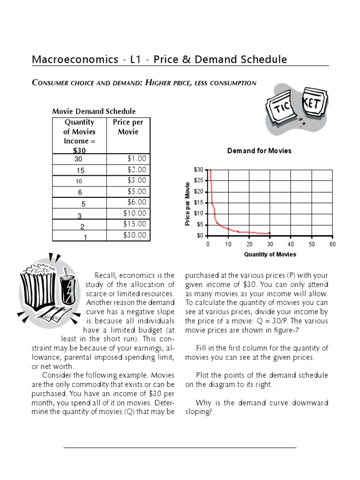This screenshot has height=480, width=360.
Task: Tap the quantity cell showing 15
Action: [x=80, y=171]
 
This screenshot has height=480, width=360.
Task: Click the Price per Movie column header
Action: [x=128, y=127]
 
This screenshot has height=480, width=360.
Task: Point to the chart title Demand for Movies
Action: [x=259, y=151]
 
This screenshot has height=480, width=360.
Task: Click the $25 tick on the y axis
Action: [x=199, y=180]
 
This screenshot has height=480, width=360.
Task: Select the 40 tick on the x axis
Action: [x=291, y=245]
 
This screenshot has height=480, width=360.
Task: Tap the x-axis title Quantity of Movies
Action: [x=270, y=255]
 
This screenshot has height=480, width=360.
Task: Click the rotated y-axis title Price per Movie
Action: [x=188, y=203]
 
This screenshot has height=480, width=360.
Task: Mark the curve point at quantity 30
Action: [x=270, y=233]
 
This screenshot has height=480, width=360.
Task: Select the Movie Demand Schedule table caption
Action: [x=93, y=112]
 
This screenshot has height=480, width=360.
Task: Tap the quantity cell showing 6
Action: [x=80, y=192]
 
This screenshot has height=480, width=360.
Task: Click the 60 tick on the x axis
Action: [x=332, y=245]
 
